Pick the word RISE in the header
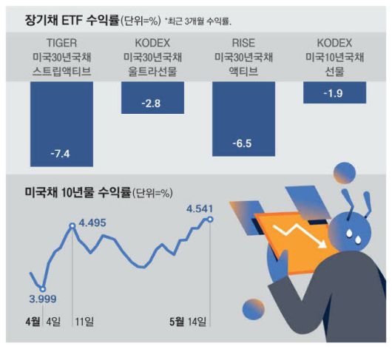click(x=243, y=43)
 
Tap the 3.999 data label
click(x=42, y=299)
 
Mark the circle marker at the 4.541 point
click(x=211, y=219)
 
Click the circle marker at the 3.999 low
click(x=42, y=288)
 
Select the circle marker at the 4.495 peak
click(x=72, y=225)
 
